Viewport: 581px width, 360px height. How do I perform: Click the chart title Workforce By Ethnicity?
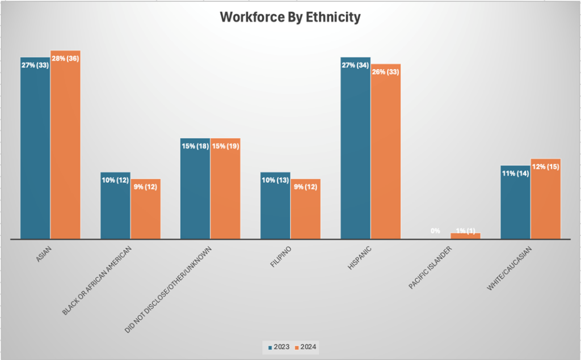[290, 18]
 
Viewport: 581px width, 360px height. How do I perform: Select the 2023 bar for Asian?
[35, 153]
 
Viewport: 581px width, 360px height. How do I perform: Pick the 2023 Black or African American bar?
[115, 210]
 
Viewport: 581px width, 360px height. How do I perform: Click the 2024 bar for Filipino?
[305, 213]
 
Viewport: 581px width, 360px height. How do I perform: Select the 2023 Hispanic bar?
[355, 153]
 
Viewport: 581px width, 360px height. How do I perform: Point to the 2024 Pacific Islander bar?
[465, 236]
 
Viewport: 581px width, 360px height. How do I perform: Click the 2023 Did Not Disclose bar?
[195, 193]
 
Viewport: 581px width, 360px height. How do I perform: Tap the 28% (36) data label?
[65, 59]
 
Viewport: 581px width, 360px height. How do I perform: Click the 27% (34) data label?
[355, 65]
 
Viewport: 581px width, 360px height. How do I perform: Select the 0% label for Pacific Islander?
[435, 231]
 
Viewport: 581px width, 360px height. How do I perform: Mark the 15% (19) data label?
[225, 146]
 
